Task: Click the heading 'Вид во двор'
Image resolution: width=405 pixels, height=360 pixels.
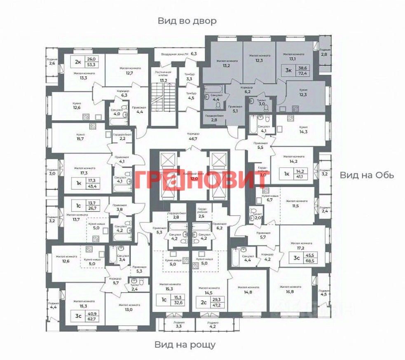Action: (187, 21)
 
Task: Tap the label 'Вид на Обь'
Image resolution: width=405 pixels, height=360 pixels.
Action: (367, 175)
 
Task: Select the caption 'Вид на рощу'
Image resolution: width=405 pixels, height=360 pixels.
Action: (185, 344)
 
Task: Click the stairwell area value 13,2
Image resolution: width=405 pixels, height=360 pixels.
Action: (164, 80)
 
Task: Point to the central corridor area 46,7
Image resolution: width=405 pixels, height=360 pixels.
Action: (192, 140)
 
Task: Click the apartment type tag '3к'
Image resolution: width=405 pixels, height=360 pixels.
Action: (289, 70)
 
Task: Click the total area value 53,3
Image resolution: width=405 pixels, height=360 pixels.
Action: (91, 65)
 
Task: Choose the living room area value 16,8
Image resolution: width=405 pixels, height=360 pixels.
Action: (290, 292)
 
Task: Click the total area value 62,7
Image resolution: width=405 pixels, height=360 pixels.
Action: (90, 319)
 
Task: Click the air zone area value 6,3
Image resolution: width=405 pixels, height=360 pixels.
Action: (194, 54)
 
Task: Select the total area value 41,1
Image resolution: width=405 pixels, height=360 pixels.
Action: (306, 177)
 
